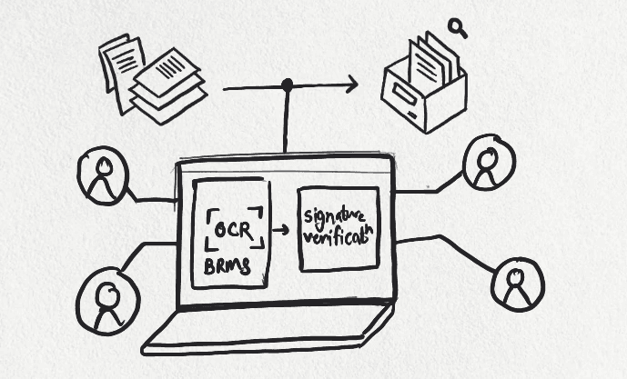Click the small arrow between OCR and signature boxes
(x=282, y=230)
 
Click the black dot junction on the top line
(x=288, y=85)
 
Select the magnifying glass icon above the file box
(x=458, y=29)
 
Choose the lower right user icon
(x=517, y=284)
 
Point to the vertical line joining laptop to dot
(x=288, y=123)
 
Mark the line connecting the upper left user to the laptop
(x=151, y=196)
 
